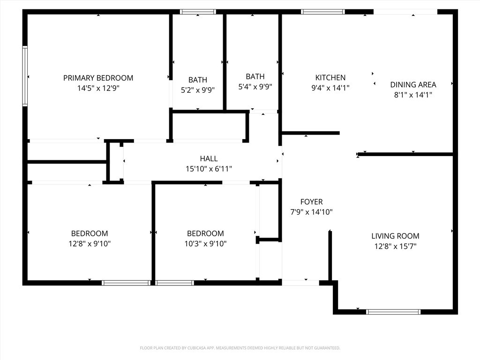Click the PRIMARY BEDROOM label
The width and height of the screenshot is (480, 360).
pos(98,78)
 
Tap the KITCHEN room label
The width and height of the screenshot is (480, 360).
pos(330,77)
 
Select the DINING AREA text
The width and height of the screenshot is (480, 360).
pos(413,84)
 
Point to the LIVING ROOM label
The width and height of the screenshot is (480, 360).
pos(395,236)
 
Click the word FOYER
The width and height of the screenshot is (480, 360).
pos(311,202)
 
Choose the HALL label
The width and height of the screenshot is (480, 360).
pos(209,158)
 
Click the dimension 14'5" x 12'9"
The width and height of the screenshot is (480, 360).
pos(98,88)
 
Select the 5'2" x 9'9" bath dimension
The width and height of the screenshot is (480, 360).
pos(197,90)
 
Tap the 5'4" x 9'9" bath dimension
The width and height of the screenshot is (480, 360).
pos(255,86)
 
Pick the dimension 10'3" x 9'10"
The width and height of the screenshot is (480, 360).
pos(205,243)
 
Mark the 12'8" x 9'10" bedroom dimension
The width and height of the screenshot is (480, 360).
pos(89,243)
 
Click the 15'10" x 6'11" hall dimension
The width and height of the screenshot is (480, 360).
pos(209,169)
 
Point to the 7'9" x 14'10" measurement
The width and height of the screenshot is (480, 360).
pos(311,212)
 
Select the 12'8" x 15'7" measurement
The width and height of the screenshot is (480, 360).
pos(395,246)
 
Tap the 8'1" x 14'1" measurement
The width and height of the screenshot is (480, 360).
pos(413,95)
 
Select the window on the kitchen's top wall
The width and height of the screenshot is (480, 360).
pos(322,12)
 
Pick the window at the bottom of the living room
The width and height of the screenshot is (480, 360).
pos(393,311)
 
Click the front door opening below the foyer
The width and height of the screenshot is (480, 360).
pos(300,283)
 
